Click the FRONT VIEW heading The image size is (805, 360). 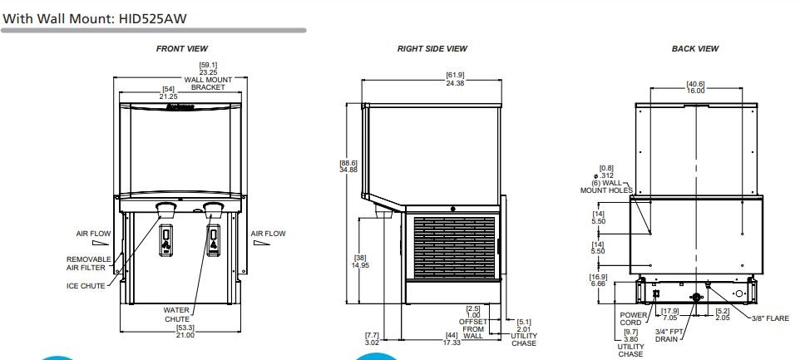click(x=182, y=49)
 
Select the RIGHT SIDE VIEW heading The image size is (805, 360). click(x=432, y=49)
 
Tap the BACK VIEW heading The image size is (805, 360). click(x=695, y=49)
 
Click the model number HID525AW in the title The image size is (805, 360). click(x=152, y=19)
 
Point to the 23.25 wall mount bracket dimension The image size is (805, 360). click(x=209, y=72)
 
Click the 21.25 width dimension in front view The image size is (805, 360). click(x=168, y=96)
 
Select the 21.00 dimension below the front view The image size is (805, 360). click(x=185, y=335)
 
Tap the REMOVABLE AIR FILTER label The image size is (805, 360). click(x=88, y=264)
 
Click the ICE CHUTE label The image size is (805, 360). click(x=86, y=286)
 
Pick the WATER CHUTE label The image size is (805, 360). click(x=176, y=314)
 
